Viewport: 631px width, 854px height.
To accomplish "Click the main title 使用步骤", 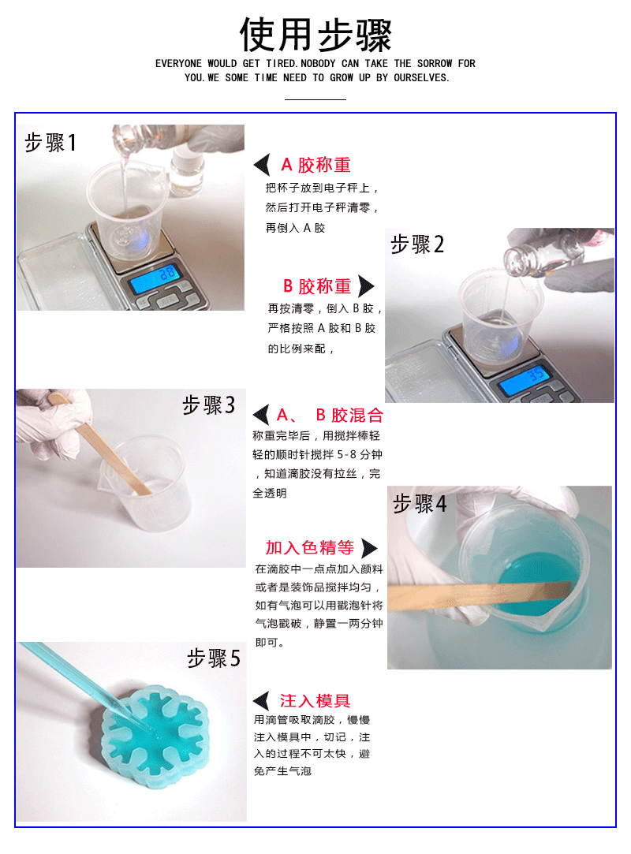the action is [x=315, y=35].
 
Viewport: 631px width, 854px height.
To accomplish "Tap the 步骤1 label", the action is [x=50, y=143].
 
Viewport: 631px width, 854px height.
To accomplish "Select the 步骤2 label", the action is [x=417, y=244].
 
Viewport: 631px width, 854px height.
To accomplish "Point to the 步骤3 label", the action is [x=209, y=405].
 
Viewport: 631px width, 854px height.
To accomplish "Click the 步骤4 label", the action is [x=420, y=503].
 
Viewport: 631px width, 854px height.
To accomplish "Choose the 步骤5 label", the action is [x=214, y=658].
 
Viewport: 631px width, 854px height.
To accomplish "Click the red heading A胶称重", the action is [x=315, y=165].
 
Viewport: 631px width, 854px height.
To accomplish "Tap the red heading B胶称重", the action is [x=317, y=286].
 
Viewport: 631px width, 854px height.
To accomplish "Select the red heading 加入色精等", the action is [x=309, y=547].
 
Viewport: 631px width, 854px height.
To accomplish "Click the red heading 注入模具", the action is [x=315, y=700].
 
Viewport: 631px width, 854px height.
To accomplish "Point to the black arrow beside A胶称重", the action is [x=262, y=165].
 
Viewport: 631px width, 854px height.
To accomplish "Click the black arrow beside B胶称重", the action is [x=366, y=286].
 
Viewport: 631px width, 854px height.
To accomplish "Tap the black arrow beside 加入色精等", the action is [x=369, y=548].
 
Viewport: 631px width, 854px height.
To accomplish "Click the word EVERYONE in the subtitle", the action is [x=178, y=64].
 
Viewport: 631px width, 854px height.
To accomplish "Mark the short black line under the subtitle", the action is [x=315, y=99].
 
